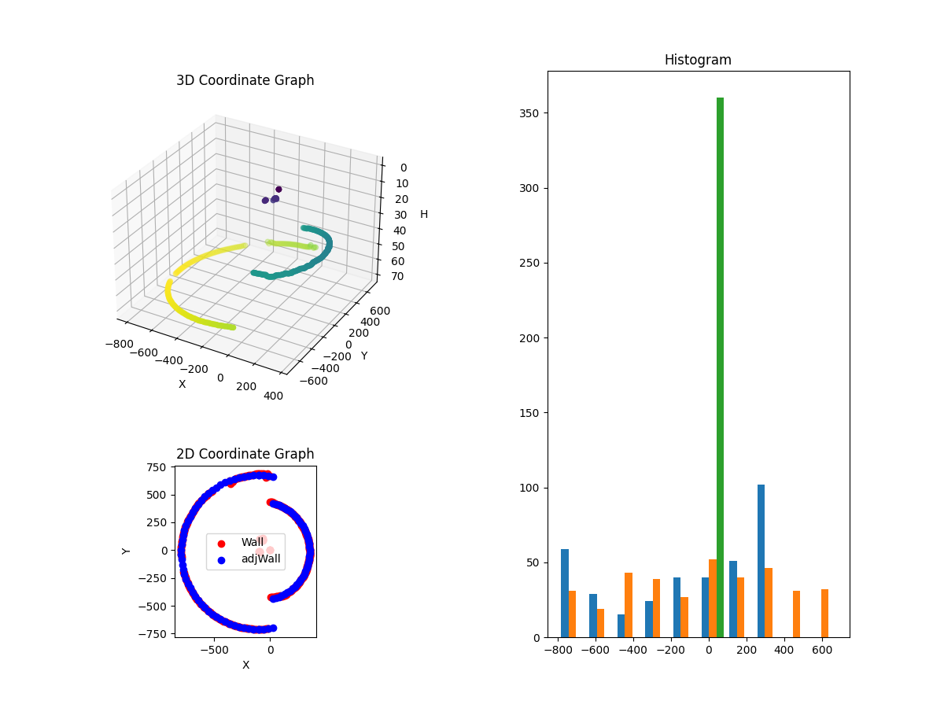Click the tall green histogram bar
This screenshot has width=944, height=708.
720,367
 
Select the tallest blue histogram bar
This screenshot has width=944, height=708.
761,561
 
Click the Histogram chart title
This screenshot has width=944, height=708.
698,60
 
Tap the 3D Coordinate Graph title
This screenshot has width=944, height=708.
245,80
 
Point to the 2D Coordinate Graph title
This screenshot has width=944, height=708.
245,454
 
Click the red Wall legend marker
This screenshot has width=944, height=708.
221,543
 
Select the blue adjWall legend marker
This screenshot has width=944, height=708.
221,560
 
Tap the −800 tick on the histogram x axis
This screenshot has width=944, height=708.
557,651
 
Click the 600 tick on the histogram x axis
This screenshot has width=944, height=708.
822,651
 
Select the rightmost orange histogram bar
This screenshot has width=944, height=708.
824,614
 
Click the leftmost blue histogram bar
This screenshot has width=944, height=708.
565,593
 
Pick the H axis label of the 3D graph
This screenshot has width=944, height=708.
424,215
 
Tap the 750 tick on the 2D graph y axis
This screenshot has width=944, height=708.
157,467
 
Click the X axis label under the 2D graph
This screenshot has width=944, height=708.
245,666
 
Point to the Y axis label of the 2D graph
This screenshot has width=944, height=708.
127,550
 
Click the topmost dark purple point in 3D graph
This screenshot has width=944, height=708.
278,190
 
